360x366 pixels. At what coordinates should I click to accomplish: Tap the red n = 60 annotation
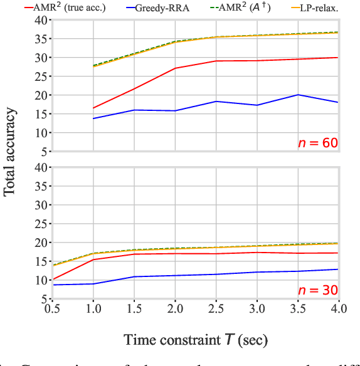point(317,143)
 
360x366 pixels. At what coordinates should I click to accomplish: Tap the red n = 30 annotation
point(317,291)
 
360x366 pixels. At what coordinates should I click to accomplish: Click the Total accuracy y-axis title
point(11,152)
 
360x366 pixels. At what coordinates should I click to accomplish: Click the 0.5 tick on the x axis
point(53,310)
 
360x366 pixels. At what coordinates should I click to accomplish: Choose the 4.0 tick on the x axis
point(339,310)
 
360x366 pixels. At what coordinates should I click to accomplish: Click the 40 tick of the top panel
point(39,19)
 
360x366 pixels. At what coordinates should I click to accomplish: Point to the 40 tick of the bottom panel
point(39,167)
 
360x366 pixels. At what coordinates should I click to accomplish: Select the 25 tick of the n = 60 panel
point(39,76)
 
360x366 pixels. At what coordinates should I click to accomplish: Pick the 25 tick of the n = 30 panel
point(39,224)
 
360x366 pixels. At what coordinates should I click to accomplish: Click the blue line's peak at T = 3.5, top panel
point(298,95)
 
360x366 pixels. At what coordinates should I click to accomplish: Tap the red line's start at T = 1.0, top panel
point(93,108)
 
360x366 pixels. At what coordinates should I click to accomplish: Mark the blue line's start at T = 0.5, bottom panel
point(53,285)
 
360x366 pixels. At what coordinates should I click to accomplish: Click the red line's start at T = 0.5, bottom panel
point(53,279)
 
